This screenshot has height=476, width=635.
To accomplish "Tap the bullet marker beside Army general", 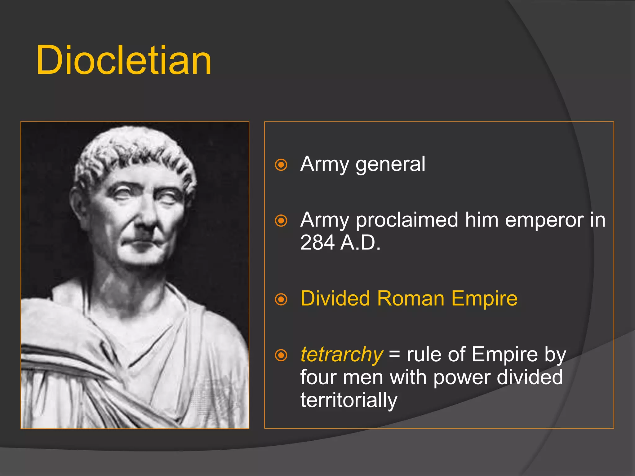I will pos(281,165).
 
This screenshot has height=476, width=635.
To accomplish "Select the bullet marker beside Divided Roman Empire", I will pos(281,299).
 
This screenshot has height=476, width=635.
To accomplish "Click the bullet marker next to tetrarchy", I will pos(281,355).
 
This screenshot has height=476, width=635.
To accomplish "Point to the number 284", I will pos(317,242).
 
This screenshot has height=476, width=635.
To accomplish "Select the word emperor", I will pos(544,220).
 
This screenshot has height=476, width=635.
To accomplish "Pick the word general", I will pos(390,164).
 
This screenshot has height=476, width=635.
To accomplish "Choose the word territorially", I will pos(349,400).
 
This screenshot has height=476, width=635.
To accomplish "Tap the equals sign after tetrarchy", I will pos(394,354).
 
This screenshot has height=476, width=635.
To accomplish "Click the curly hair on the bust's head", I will pos(133,149).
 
